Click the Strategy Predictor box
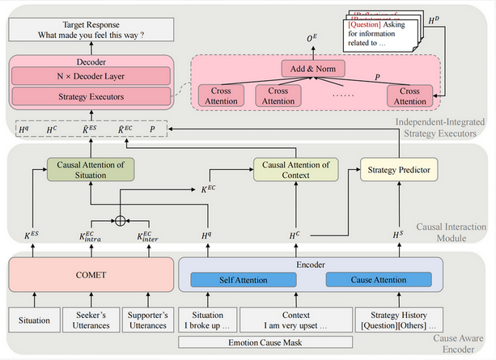(392, 169)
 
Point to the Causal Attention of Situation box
(91, 169)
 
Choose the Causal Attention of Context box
(292, 169)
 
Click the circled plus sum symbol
(120, 218)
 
